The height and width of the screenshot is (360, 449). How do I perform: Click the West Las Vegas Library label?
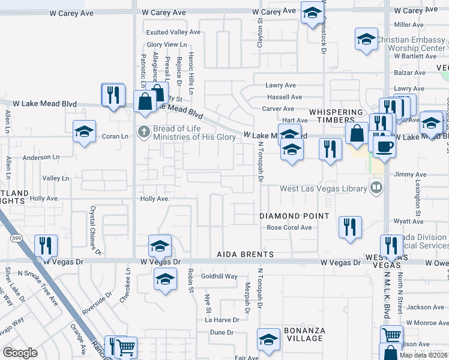click(324, 189)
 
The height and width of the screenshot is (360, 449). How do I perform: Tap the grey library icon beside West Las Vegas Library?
click(376, 188)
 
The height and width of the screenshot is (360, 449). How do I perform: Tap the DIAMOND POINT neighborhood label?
click(294, 216)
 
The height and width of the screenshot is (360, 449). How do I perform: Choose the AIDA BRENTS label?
click(245, 255)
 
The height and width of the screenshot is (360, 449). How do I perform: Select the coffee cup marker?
click(384, 146)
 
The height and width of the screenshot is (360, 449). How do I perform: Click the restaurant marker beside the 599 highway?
click(46, 245)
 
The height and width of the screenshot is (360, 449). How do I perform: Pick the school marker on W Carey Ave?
click(312, 13)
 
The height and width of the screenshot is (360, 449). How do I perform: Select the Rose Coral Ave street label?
click(289, 228)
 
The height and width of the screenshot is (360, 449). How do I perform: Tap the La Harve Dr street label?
click(222, 320)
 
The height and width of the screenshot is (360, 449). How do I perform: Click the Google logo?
click(20, 353)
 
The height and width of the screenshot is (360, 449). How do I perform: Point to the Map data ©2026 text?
click(423, 355)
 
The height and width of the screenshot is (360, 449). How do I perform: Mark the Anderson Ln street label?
click(41, 158)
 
